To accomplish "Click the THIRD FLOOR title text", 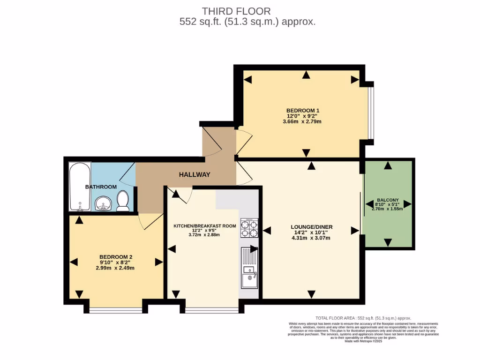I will pos(236,11).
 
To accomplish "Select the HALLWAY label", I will pos(195,174).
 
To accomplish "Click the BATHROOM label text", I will pos(101,187).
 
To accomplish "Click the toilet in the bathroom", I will pos(123,201).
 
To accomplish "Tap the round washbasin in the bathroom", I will pos(103,203).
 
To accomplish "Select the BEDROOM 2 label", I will pos(116,257).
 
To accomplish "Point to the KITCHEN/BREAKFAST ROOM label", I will pos(205,226).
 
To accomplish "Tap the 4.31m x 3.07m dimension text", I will pos(311,238).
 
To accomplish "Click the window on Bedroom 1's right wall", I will pos(370,112).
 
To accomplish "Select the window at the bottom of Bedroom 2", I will pos(116,310).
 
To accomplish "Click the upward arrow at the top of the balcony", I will pos(388,165).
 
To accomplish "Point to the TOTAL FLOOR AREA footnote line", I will pos(363,318).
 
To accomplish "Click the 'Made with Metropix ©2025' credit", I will pos(363,341).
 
